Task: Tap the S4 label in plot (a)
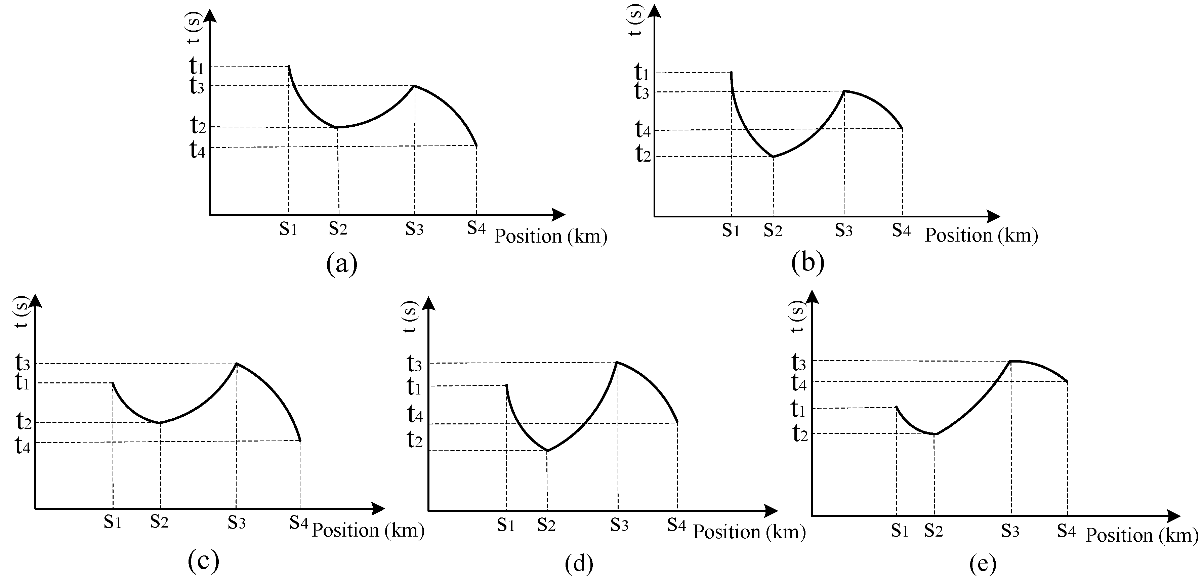pyautogui.click(x=476, y=228)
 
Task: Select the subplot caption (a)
pyautogui.click(x=342, y=264)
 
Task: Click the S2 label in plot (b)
pyautogui.click(x=773, y=230)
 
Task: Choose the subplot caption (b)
pyautogui.click(x=807, y=262)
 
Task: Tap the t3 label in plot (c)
pyautogui.click(x=23, y=362)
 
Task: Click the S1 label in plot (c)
pyautogui.click(x=113, y=521)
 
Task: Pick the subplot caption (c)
pyautogui.click(x=203, y=561)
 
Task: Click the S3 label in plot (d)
pyautogui.click(x=619, y=525)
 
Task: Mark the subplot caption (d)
pyautogui.click(x=579, y=564)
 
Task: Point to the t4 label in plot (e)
pyautogui.click(x=799, y=383)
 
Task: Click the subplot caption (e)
pyautogui.click(x=983, y=565)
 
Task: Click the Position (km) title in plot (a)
pyautogui.click(x=551, y=237)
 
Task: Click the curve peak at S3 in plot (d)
pyautogui.click(x=617, y=362)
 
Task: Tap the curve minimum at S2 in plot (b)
pyautogui.click(x=773, y=156)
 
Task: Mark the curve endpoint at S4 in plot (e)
pyautogui.click(x=1067, y=381)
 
